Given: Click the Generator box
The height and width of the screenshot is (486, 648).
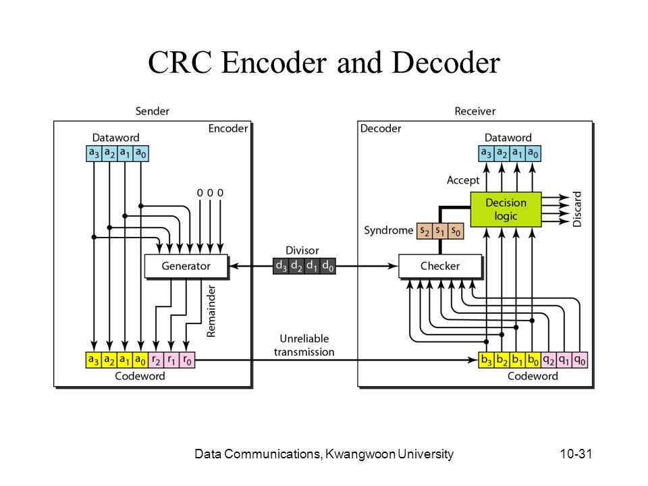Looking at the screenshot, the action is tap(186, 266).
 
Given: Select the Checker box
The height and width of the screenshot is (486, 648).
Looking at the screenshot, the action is tap(440, 266).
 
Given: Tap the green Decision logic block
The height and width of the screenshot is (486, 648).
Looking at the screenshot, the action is tap(506, 209).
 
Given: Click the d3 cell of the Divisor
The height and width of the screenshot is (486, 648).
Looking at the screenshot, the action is tap(281, 266).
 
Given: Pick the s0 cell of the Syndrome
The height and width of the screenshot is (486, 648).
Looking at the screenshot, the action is tap(456, 231).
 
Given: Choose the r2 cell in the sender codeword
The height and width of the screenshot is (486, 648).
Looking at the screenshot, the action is tap(156, 360).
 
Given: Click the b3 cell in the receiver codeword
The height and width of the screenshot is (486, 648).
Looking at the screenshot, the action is tap(487, 360).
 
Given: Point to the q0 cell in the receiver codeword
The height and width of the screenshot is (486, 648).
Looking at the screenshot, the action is tap(580, 360).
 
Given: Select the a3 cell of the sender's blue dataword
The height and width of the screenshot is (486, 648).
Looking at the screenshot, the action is tap(94, 153).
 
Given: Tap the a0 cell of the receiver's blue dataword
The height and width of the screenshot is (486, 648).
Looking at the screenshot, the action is tap(533, 153).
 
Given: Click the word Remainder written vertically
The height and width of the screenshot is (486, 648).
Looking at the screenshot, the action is tap(211, 311).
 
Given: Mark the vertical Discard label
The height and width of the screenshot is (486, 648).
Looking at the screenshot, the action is tap(577, 209).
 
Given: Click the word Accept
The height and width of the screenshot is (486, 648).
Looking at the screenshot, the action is tap(463, 180).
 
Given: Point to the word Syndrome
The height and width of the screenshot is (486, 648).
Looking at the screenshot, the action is tap(389, 230).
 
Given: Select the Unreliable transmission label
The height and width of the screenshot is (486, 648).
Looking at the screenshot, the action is tap(304, 345).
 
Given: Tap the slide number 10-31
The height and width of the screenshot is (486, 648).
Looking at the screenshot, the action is tap(576, 454).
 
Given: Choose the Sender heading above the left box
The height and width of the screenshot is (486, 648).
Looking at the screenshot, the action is tap(153, 111).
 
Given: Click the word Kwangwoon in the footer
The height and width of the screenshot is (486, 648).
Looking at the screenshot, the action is tap(360, 454).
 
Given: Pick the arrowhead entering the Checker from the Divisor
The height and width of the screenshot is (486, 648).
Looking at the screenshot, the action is tap(393, 266).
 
